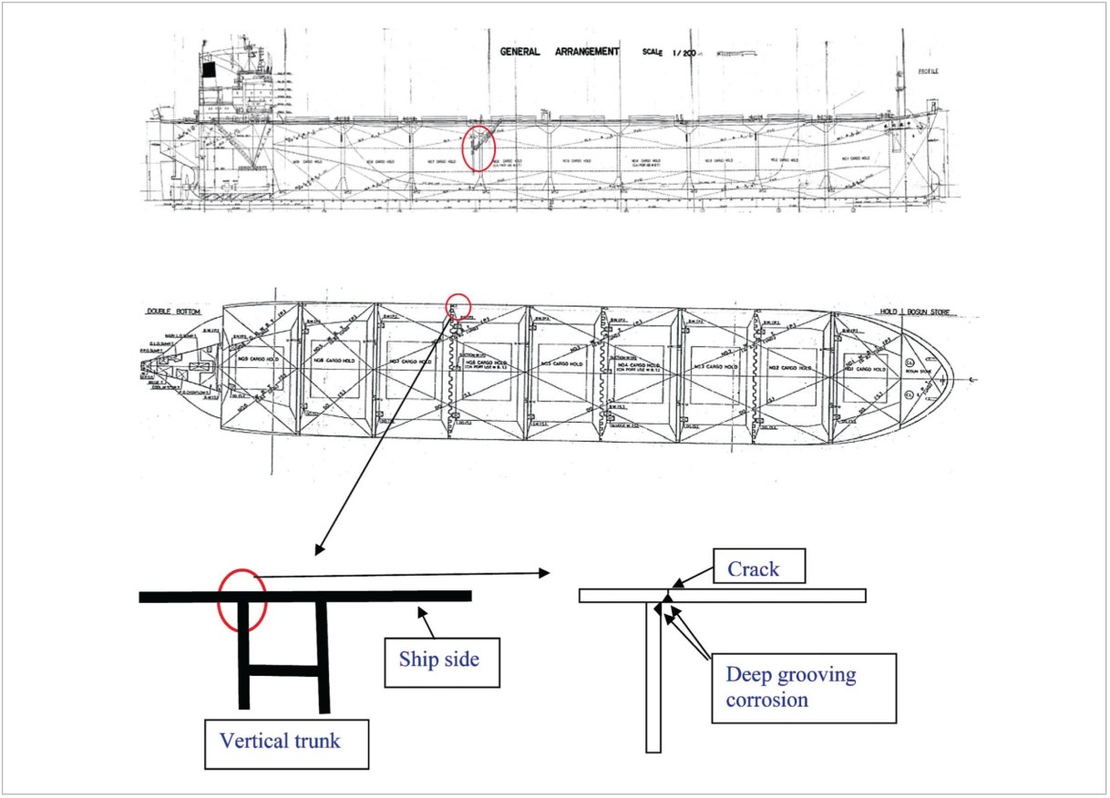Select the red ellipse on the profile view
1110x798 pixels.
click(478, 148)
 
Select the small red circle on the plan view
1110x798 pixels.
click(457, 306)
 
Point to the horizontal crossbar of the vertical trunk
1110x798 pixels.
click(283, 671)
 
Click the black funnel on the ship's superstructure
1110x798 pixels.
click(209, 68)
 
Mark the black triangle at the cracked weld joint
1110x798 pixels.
click(666, 598)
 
